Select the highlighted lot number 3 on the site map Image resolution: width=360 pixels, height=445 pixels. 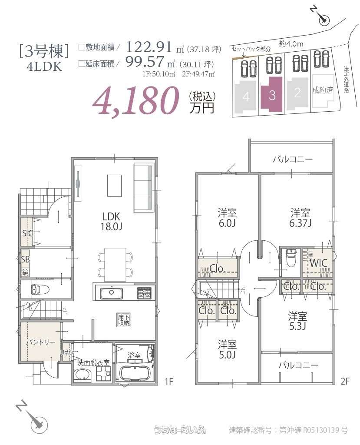[272, 96]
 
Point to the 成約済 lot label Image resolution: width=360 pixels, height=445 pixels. [323, 91]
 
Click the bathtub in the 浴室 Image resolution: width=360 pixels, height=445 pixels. [134, 373]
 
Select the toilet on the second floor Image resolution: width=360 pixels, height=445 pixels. [291, 259]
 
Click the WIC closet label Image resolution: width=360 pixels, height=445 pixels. [318, 263]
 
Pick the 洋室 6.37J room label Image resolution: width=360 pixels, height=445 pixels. [300, 217]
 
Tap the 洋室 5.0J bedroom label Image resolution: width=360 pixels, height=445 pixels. [227, 349]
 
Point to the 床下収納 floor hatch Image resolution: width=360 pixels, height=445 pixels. [123, 319]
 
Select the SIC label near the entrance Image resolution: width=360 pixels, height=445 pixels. [27, 232]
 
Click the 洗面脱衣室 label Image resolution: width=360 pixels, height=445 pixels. [93, 362]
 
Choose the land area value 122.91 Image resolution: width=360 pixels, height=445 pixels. [147, 47]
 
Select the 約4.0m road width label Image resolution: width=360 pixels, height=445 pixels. [291, 43]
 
